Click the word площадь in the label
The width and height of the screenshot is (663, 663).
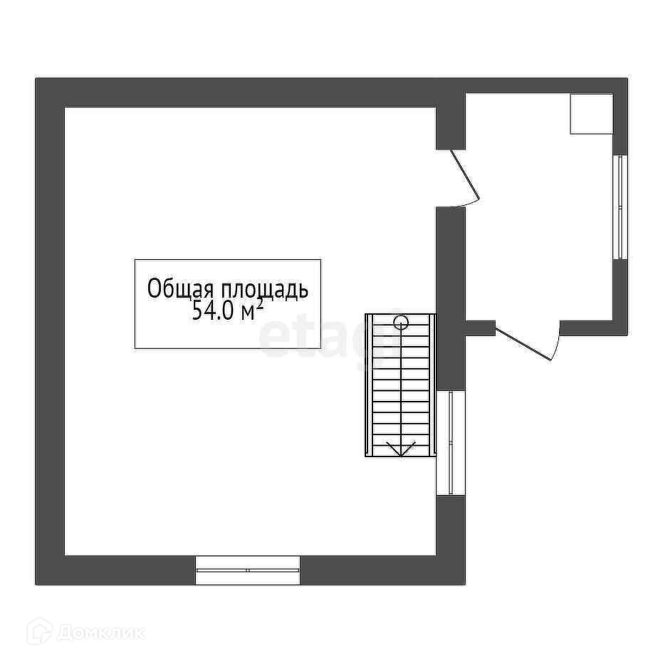pos(264,290)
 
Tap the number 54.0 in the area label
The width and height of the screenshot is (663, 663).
pos(212,312)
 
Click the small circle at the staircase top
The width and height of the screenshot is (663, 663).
pos(401,322)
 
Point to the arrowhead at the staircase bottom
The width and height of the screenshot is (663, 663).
pos(401,449)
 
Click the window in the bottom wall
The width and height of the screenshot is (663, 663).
pos(248,570)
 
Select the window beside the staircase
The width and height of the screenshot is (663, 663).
pos(450,442)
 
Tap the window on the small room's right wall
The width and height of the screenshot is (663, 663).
pos(620,207)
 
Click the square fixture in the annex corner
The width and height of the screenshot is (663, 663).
pos(591,113)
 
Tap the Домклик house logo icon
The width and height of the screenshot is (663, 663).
pos(40,631)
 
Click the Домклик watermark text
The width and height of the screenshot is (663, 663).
pos(100,632)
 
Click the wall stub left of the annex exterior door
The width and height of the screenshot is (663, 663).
pos(480,328)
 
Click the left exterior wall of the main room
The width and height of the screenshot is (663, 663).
pos(50,331)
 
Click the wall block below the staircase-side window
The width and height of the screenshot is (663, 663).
pos(450,539)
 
